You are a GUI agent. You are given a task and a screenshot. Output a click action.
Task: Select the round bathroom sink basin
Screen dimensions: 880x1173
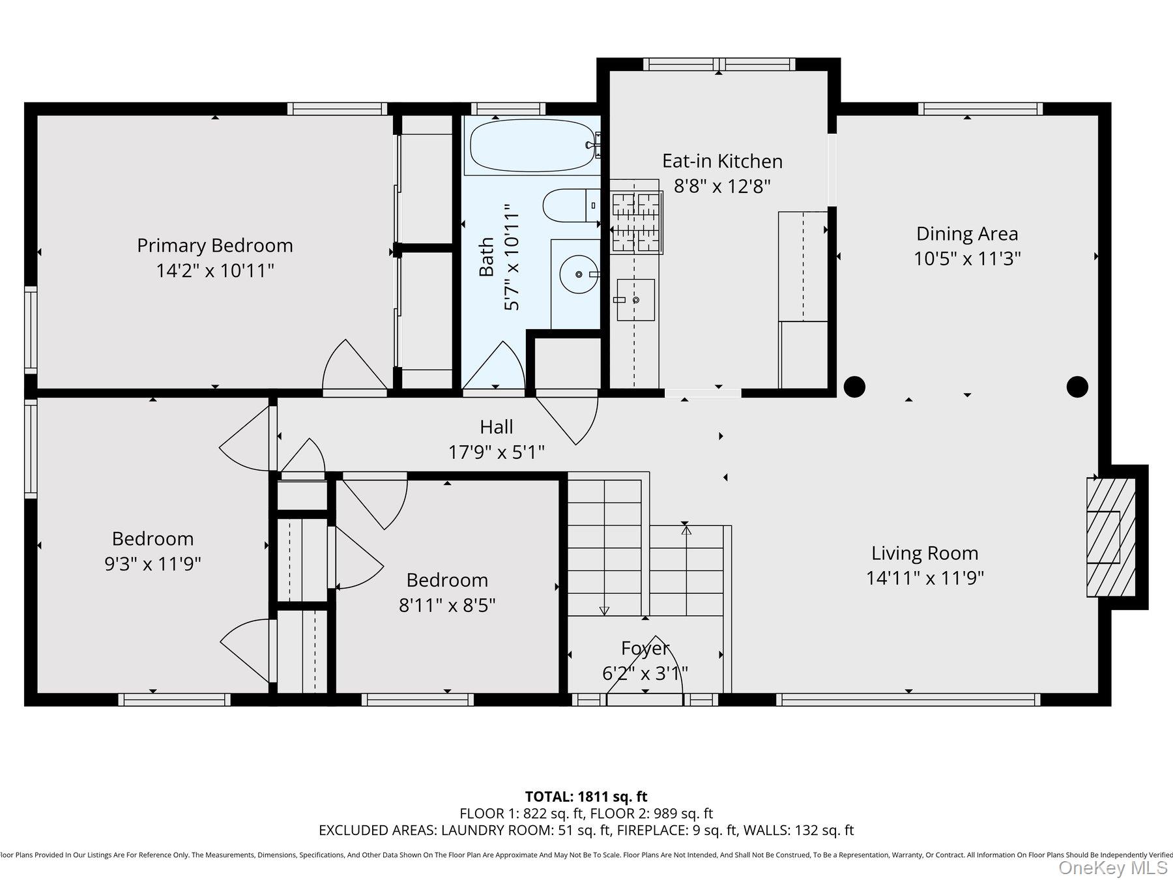click(578, 274)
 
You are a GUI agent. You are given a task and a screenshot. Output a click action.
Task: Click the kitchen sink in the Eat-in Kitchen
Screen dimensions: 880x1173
click(635, 300)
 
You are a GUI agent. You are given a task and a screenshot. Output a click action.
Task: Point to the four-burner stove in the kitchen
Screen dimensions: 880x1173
click(636, 222)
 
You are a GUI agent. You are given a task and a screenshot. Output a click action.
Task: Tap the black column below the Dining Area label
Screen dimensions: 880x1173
click(1077, 387)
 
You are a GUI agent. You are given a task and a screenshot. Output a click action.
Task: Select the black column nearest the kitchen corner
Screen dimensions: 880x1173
click(854, 387)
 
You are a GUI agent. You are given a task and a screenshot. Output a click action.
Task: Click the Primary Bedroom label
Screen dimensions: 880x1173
click(215, 246)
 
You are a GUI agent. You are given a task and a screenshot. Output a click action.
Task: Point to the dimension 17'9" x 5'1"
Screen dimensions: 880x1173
click(497, 452)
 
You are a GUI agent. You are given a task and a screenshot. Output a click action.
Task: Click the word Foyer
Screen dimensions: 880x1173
click(644, 648)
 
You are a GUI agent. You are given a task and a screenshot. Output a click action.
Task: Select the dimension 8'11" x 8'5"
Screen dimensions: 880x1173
click(447, 606)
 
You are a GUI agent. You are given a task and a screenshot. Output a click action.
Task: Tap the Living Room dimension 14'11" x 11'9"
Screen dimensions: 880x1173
click(924, 578)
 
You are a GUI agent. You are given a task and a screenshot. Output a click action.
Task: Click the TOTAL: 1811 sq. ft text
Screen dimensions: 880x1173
click(586, 797)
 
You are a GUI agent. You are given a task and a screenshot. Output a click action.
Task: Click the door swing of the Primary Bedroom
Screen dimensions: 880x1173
click(352, 368)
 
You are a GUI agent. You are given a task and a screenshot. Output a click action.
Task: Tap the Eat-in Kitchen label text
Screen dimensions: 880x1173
click(722, 161)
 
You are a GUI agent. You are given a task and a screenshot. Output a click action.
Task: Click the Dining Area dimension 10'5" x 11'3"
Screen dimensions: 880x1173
click(966, 259)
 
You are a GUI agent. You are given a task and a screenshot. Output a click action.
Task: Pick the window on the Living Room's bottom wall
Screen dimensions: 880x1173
click(908, 699)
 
